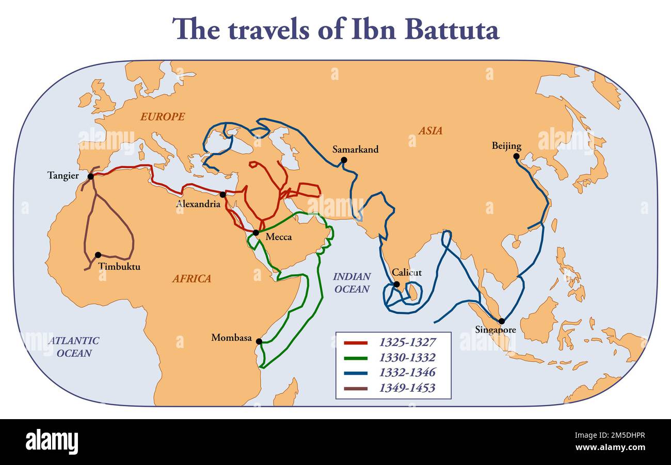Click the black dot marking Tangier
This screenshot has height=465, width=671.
[91, 176]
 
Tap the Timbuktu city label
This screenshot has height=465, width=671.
[119, 267]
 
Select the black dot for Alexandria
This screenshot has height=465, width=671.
[222, 194]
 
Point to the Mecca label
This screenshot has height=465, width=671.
[279, 237]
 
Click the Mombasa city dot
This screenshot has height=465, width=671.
[259, 341]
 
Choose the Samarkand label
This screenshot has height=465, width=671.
[355, 150]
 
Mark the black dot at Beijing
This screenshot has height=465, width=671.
[516, 156]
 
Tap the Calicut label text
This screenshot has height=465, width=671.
[406, 273]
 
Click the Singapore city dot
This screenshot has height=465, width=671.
[501, 321]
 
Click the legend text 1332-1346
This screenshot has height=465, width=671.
[407, 372]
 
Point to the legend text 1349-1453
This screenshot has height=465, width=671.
[407, 388]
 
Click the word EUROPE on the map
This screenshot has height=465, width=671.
[163, 117]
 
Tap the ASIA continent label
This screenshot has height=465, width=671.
[430, 131]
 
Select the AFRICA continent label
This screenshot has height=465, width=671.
[191, 279]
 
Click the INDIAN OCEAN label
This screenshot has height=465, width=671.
[352, 283]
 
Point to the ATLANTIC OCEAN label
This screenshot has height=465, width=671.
[73, 347]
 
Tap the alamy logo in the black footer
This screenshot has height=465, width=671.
[52, 442]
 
